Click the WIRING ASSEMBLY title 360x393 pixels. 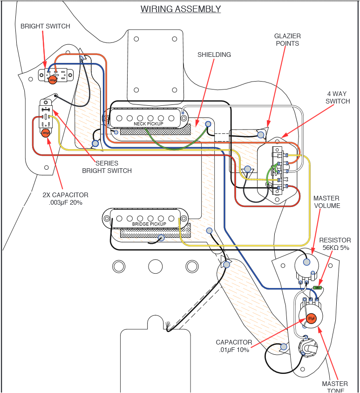180,9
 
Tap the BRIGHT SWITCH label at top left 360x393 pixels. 45,27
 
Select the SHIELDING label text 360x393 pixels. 214,55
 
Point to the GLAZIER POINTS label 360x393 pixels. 287,40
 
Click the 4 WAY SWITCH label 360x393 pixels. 337,97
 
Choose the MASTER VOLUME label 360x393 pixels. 326,202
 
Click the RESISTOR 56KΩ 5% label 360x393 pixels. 335,244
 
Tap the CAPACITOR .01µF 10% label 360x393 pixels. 234,346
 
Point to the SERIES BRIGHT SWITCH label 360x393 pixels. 107,167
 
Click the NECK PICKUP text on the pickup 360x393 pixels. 149,124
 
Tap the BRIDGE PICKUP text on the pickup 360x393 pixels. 149,224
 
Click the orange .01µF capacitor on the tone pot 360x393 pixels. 312,318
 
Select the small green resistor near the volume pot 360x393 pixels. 318,288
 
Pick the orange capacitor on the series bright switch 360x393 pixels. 46,133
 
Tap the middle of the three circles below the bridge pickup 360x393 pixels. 156,267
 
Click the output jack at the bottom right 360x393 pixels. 308,347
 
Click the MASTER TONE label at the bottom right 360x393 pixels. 334,387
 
